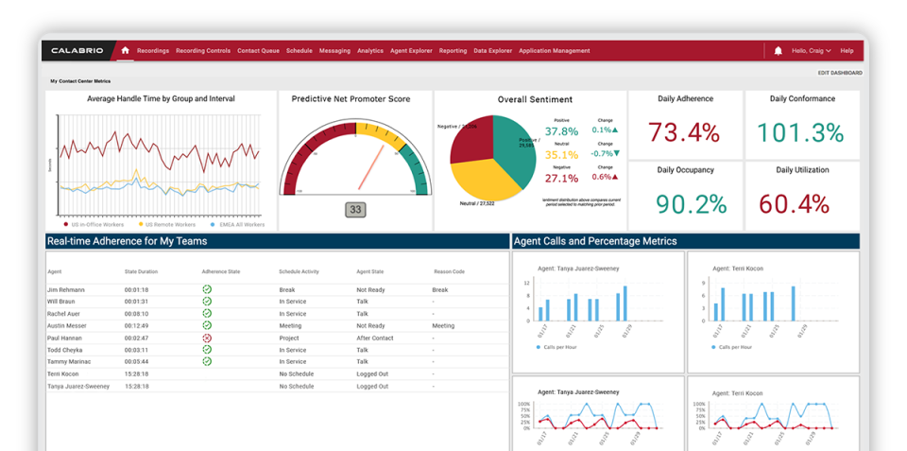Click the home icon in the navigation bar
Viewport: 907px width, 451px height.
point(125,51)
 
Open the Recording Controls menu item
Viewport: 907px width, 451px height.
point(203,51)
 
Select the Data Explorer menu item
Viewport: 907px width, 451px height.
point(492,51)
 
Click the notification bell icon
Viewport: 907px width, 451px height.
point(778,51)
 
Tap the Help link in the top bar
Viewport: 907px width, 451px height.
point(847,51)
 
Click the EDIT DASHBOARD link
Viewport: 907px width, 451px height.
point(839,73)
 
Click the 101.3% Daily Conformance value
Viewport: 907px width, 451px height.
point(801,132)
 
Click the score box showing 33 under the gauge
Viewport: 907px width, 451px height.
point(355,210)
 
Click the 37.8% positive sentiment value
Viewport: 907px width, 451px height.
point(561,131)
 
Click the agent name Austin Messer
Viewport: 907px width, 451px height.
point(66,325)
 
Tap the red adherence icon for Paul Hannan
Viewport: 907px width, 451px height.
point(207,338)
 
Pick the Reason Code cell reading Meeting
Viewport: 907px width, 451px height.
point(443,325)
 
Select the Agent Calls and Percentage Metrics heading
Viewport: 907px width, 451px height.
point(595,241)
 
